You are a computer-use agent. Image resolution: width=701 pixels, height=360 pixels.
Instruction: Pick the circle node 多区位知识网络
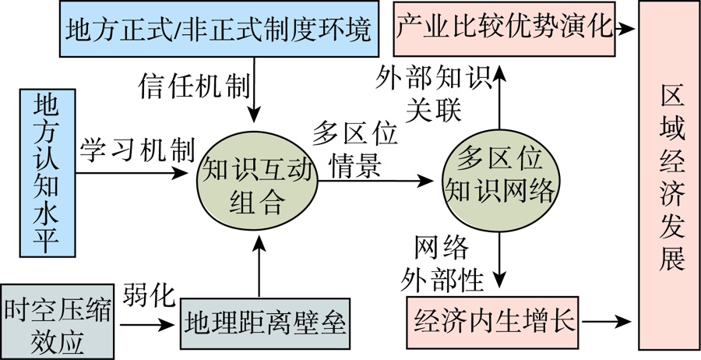(499, 179)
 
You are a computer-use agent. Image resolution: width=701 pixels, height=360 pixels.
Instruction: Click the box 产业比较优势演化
(504, 28)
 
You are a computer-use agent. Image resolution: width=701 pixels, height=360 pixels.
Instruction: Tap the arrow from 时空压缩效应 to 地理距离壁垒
(147, 319)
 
